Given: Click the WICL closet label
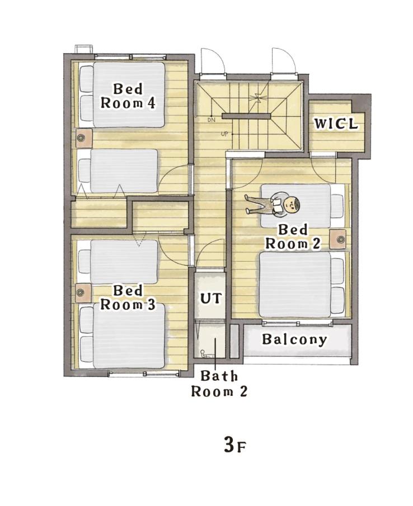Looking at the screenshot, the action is click(x=336, y=124).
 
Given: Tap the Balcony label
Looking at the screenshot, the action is click(x=294, y=339).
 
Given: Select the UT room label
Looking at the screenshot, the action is click(x=211, y=298).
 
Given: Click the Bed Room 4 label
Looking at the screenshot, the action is click(x=128, y=96).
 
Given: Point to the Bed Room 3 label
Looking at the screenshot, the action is click(x=128, y=297).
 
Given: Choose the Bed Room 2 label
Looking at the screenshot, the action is click(x=293, y=237).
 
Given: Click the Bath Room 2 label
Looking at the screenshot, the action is click(x=219, y=384).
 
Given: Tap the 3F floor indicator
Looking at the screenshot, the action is click(x=235, y=445).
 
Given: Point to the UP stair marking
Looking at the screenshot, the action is click(x=224, y=134).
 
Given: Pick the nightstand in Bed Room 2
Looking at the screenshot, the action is click(x=338, y=239).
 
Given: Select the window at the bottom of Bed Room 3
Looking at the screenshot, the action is click(x=144, y=373).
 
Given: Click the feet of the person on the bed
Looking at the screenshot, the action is click(x=248, y=204).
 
